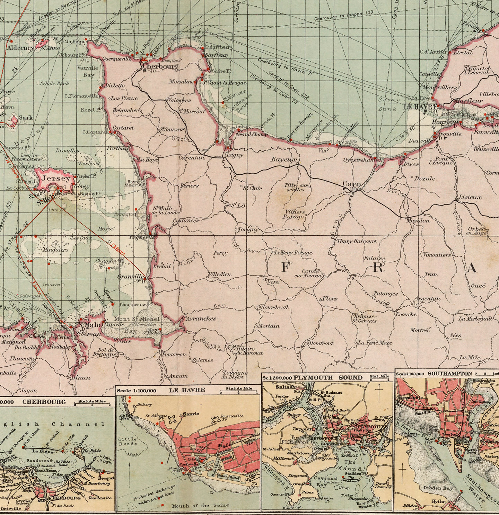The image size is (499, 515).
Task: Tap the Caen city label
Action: [x=352, y=184]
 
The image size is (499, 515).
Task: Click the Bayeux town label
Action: [x=284, y=160]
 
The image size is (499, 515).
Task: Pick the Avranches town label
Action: [x=201, y=318]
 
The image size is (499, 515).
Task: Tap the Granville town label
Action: [x=131, y=277]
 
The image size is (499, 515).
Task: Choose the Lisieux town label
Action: [x=470, y=197]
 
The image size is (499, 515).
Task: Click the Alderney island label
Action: [x=21, y=47]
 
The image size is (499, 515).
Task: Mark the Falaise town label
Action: [x=374, y=258]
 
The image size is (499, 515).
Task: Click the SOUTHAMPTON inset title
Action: [x=449, y=374]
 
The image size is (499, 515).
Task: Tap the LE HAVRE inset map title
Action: [x=187, y=390]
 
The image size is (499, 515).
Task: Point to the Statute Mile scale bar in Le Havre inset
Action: [x=239, y=391]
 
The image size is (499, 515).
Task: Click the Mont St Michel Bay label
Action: [x=137, y=325]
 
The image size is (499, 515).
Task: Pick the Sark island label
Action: [x=26, y=118]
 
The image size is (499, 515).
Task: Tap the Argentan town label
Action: [x=427, y=298]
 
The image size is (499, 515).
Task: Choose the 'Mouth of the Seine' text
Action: [x=200, y=505]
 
